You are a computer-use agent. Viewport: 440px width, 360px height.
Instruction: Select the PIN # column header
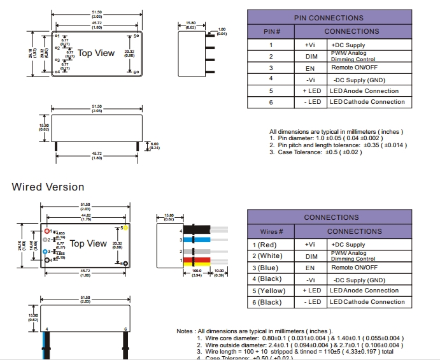pyautogui.click(x=271, y=31)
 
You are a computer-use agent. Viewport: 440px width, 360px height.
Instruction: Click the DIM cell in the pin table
pyautogui.click(x=311, y=56)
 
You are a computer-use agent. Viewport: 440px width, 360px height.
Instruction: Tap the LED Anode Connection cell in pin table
pyautogui.click(x=364, y=91)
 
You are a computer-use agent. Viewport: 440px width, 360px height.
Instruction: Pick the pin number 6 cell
pyautogui.click(x=271, y=102)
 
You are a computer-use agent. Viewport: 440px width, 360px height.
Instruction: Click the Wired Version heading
pyautogui.click(x=48, y=187)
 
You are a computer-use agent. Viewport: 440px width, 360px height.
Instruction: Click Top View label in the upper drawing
pyautogui.click(x=96, y=53)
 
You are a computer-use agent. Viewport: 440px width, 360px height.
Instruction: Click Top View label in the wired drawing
pyautogui.click(x=89, y=243)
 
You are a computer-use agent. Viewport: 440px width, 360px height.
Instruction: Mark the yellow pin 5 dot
pyautogui.click(x=125, y=227)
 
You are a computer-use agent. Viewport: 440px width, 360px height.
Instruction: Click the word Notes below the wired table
pyautogui.click(x=186, y=331)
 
